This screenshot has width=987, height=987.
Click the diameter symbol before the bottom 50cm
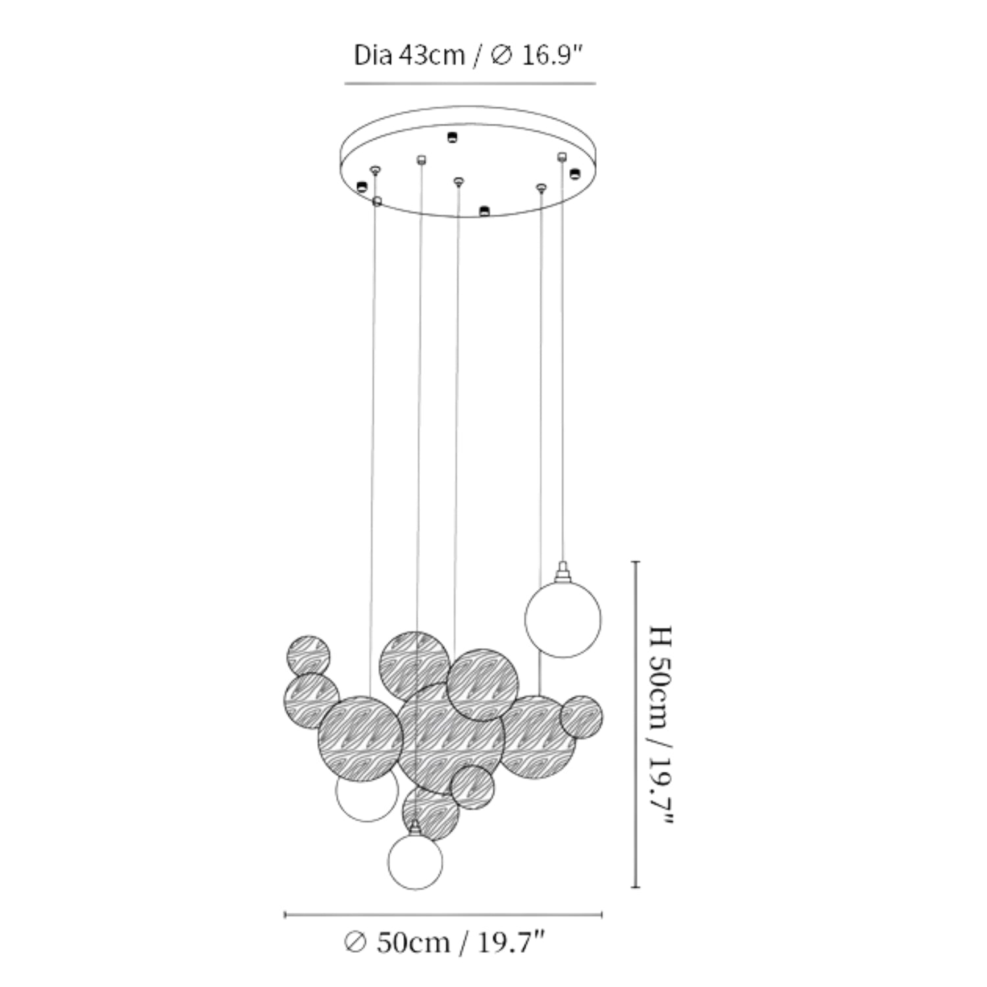355,943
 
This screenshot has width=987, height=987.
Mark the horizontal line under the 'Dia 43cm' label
470,84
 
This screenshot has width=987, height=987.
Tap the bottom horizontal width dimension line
443,914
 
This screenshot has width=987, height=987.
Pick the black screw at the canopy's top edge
451,137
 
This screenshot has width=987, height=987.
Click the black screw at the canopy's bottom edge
484,211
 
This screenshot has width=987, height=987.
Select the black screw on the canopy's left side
361,187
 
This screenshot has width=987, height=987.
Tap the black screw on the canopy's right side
574,174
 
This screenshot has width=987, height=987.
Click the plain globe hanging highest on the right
563,619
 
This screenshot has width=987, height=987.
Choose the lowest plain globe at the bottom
415,861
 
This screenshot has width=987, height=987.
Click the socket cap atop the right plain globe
562,572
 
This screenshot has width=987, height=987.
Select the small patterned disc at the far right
582,717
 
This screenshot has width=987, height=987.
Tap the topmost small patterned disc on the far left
308,656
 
